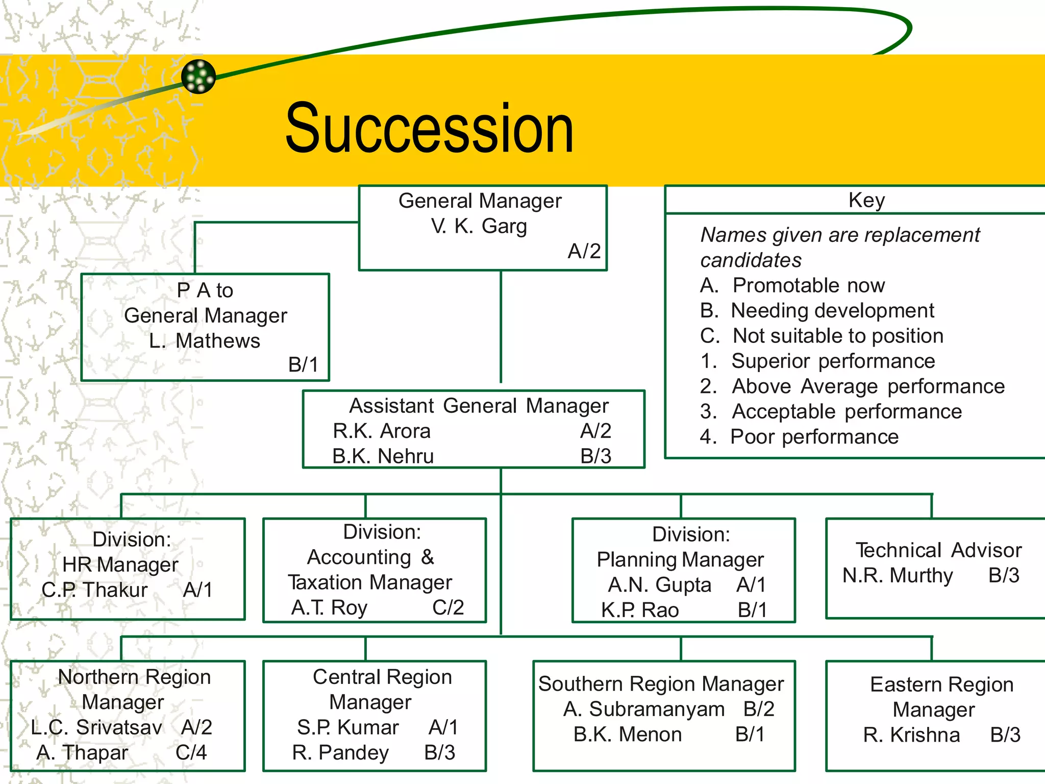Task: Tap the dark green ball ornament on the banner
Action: [x=198, y=77]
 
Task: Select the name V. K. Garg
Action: [x=479, y=226]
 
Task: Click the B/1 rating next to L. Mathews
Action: [x=303, y=364]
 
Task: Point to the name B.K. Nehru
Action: [x=383, y=456]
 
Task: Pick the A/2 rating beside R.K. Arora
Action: [x=595, y=431]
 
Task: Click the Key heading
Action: [x=866, y=200]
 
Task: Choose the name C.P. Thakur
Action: [x=94, y=590]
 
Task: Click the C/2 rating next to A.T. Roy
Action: [x=448, y=607]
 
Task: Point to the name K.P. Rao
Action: [x=640, y=610]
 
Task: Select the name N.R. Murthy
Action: [x=898, y=575]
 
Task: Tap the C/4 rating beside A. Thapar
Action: [x=191, y=752]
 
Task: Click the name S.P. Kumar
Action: [x=347, y=727]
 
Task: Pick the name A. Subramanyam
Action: [x=644, y=709]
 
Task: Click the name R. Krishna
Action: [x=911, y=735]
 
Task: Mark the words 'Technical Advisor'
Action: [x=938, y=550]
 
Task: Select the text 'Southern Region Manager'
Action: [x=661, y=684]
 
